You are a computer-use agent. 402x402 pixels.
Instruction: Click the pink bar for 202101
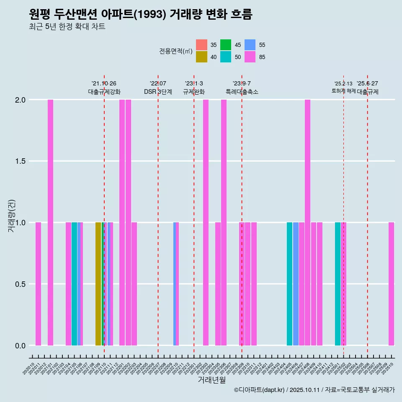[50, 222]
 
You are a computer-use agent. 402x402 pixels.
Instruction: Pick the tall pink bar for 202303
[206, 222]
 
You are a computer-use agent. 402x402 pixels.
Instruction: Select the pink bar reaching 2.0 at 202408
[307, 222]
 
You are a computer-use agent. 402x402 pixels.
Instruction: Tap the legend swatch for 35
[201, 45]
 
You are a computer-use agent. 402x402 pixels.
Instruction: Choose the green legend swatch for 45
[226, 45]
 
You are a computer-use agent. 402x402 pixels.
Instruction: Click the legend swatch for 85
[250, 57]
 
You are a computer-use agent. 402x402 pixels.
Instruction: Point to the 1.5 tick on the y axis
[20, 161]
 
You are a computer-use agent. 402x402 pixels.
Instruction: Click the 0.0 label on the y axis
[20, 345]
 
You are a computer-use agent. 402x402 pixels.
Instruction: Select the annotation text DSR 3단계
[158, 92]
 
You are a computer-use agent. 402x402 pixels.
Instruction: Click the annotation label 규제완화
[194, 92]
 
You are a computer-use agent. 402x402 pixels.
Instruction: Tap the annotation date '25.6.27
[367, 84]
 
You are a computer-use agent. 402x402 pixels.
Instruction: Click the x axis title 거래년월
[211, 380]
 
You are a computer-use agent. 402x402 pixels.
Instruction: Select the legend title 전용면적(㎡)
[175, 51]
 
